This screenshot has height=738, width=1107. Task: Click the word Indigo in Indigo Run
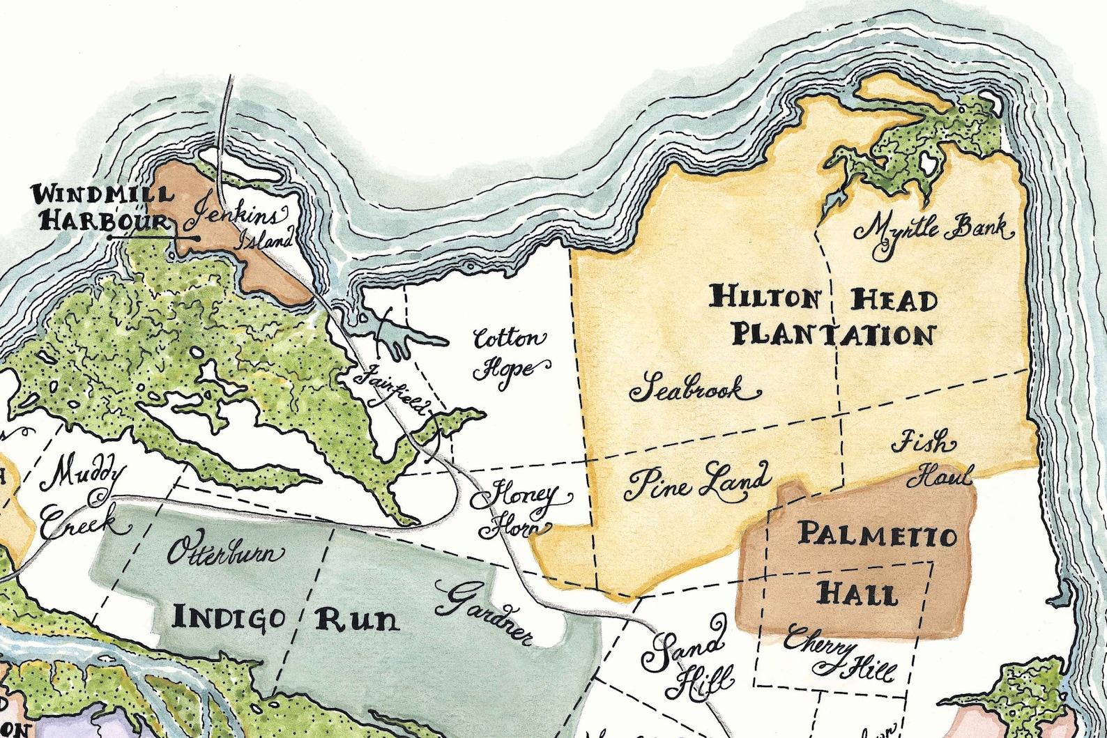click(229, 617)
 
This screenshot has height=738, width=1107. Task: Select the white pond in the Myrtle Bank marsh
click(927, 166)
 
